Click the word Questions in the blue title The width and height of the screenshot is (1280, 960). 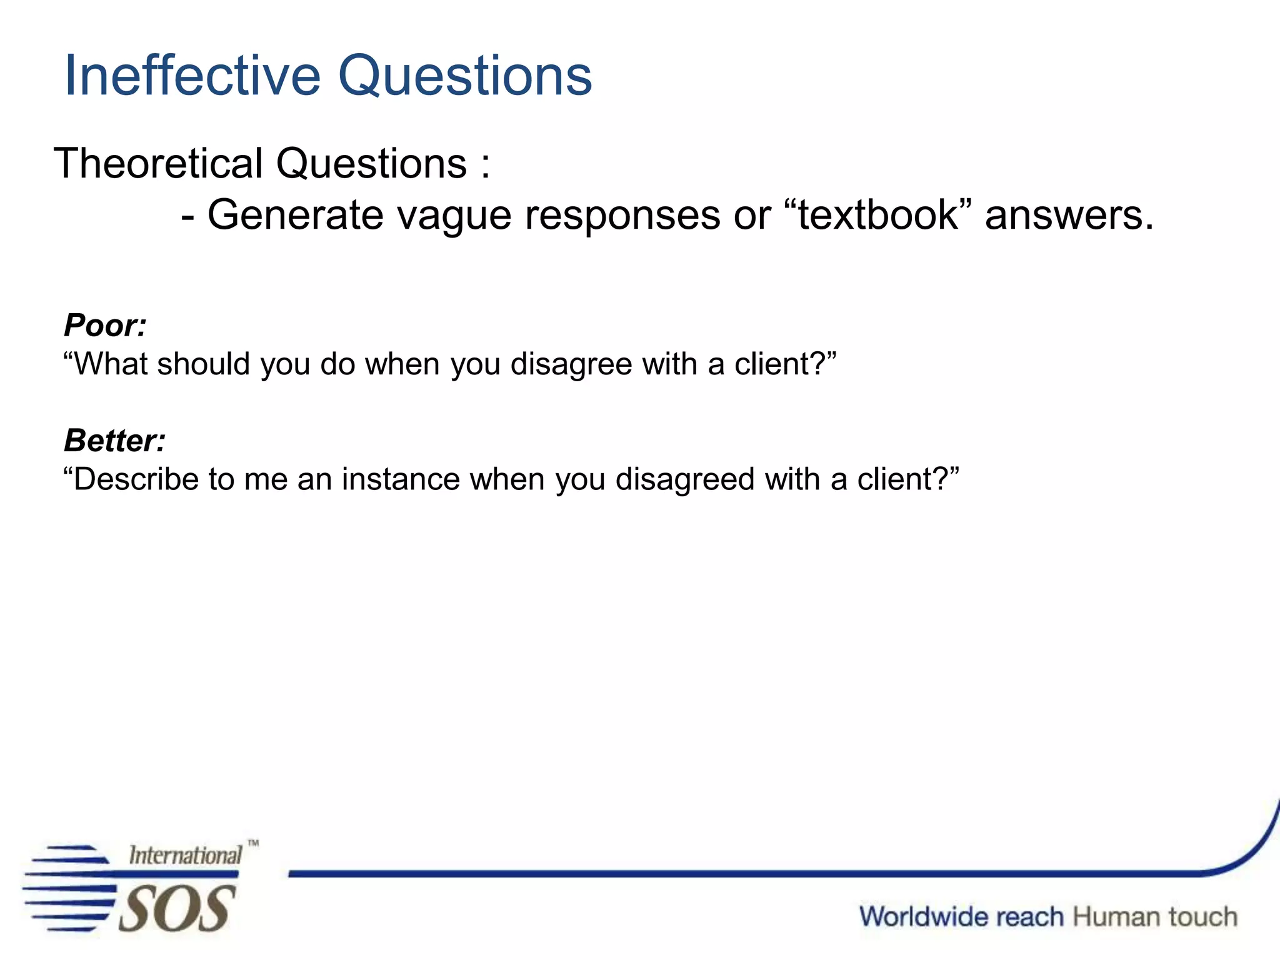tap(465, 76)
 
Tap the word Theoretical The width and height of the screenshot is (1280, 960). tap(159, 164)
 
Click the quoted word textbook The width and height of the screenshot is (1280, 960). tap(878, 214)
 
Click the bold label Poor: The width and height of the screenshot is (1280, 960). tap(105, 325)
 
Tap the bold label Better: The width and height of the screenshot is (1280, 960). tap(115, 441)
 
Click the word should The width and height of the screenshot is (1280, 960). tap(204, 364)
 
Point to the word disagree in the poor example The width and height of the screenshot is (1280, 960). tap(571, 364)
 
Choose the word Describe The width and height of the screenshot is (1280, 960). tap(131, 479)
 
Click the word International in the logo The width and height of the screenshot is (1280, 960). tap(185, 855)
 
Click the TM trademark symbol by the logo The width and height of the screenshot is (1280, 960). tap(253, 843)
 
